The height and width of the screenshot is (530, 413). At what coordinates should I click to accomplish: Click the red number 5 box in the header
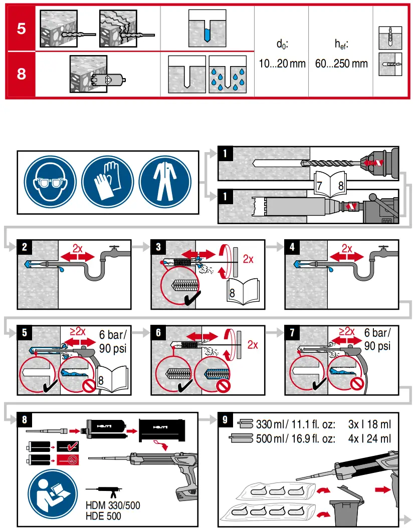pyautogui.click(x=21, y=28)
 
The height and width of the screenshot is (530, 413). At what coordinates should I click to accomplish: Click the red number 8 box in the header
pyautogui.click(x=21, y=74)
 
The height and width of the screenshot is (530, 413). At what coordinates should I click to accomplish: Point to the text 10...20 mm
pyautogui.click(x=283, y=64)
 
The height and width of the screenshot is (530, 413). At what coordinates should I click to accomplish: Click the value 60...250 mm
pyautogui.click(x=341, y=64)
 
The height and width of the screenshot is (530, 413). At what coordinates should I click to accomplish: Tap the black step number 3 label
pyautogui.click(x=158, y=246)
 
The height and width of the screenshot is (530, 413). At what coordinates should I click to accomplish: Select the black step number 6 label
pyautogui.click(x=158, y=332)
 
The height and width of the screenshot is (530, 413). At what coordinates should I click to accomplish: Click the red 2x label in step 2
pyautogui.click(x=78, y=248)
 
